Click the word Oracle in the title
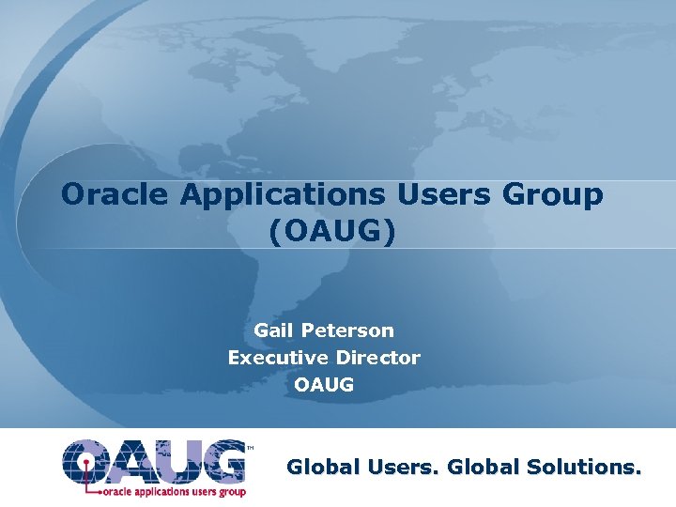pyautogui.click(x=115, y=194)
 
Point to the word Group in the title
pyautogui.click(x=553, y=194)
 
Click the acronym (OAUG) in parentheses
pyautogui.click(x=331, y=231)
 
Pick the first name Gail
pyautogui.click(x=274, y=330)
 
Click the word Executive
pyautogui.click(x=279, y=358)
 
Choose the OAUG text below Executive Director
pyautogui.click(x=324, y=385)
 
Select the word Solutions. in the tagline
pyautogui.click(x=585, y=467)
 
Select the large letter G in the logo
pyautogui.click(x=222, y=461)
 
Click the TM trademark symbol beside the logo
pyautogui.click(x=249, y=448)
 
